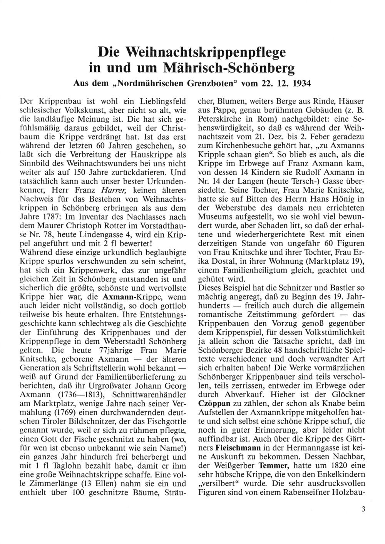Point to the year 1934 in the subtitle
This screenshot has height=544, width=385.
[301, 83]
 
